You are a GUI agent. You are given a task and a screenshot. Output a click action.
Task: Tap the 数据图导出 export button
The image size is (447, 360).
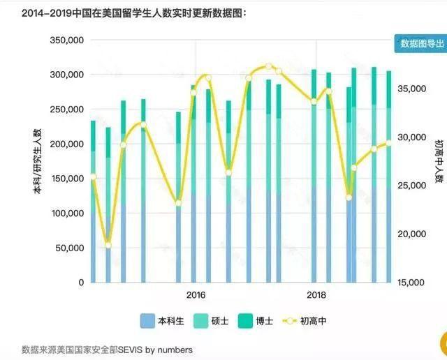(x=420, y=43)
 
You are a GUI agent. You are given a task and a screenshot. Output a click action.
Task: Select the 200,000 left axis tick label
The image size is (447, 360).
(x=68, y=144)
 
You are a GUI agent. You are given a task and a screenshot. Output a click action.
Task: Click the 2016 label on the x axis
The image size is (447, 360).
(x=196, y=294)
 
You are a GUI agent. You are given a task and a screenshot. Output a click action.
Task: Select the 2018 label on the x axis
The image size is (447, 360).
(x=317, y=294)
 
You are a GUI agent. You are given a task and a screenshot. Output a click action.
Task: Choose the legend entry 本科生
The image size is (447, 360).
(x=163, y=322)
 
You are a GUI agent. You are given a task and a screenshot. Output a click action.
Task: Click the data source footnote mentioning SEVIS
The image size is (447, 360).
(x=107, y=349)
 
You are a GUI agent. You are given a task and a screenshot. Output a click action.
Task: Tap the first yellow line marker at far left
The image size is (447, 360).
(x=93, y=177)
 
